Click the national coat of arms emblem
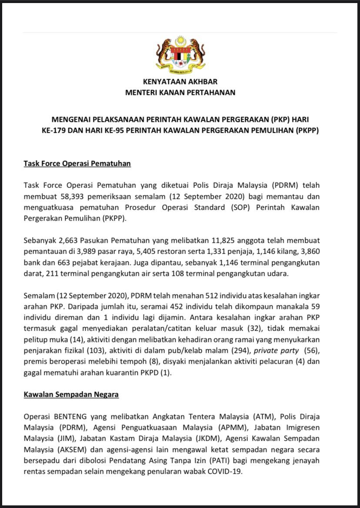click(x=180, y=56)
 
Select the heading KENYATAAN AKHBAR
click(x=180, y=81)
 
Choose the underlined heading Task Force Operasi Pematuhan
click(x=77, y=164)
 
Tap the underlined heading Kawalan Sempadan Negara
click(x=71, y=394)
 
